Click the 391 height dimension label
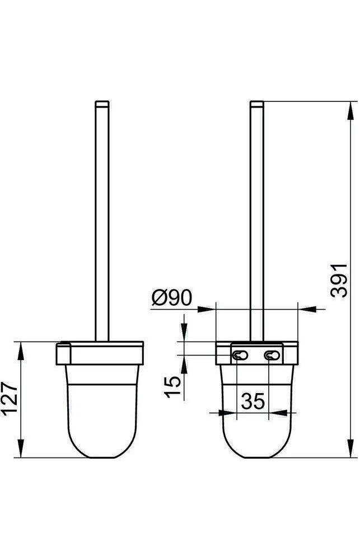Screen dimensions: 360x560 tap(339, 281)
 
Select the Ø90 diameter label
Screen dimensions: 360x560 tap(172, 298)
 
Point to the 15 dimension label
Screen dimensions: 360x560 tap(172, 387)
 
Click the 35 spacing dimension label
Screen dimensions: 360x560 tap(253, 401)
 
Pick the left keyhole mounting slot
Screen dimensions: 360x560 tap(240, 356)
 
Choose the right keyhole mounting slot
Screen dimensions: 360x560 tap(272, 356)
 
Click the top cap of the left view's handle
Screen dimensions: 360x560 tap(102, 104)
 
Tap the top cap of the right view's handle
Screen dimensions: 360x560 tap(257, 104)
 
